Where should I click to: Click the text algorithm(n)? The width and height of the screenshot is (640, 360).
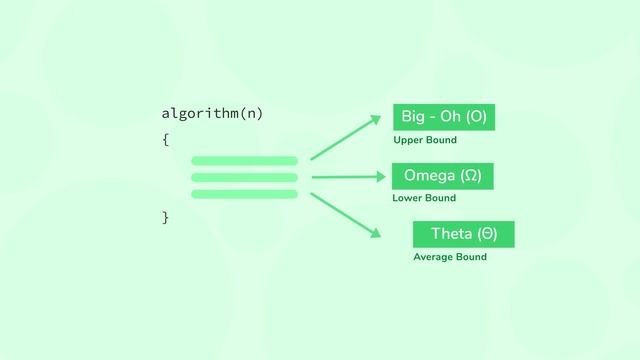(212, 113)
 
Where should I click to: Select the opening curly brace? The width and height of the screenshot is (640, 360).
(165, 139)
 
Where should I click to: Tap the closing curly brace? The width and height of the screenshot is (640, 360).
(165, 217)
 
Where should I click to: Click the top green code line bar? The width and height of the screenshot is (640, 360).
(244, 160)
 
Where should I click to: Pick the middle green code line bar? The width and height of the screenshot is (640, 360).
(244, 177)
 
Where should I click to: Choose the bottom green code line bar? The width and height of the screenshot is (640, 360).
(244, 194)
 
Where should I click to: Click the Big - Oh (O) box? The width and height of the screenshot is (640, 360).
(444, 117)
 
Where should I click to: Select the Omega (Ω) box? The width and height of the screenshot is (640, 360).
(442, 176)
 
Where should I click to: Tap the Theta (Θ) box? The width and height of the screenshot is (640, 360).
(463, 234)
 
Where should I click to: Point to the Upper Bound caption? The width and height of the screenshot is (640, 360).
(425, 140)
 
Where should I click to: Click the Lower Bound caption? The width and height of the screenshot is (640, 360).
(424, 198)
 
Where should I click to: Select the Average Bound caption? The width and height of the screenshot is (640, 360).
(450, 257)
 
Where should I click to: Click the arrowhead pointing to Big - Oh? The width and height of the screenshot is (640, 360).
(375, 119)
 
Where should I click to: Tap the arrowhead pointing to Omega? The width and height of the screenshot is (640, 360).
(381, 177)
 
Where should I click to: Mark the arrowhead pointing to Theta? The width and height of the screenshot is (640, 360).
(376, 234)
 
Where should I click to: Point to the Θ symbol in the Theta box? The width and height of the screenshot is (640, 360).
(487, 234)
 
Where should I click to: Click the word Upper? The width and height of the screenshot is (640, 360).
(408, 140)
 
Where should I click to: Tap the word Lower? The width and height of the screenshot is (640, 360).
(408, 198)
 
